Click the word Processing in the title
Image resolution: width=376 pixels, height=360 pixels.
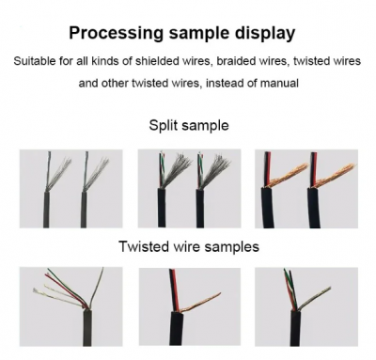click(116, 33)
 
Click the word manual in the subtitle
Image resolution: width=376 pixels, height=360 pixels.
click(279, 83)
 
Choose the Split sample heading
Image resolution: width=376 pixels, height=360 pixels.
click(189, 125)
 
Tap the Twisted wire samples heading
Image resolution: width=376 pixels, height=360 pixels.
click(189, 246)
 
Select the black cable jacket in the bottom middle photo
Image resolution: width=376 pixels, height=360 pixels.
click(178, 329)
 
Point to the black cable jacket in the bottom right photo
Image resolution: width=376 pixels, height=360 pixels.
click(294, 328)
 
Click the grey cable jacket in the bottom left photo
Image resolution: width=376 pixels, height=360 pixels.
click(87, 328)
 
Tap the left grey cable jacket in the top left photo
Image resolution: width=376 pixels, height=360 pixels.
click(46, 209)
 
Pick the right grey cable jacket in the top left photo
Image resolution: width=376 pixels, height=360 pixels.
click(84, 209)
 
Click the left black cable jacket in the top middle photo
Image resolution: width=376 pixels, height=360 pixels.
click(162, 208)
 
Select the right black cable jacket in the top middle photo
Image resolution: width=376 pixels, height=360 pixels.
click(200, 208)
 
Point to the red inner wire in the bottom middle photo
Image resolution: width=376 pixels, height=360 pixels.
click(175, 290)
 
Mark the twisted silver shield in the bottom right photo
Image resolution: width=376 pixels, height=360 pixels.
click(314, 298)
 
